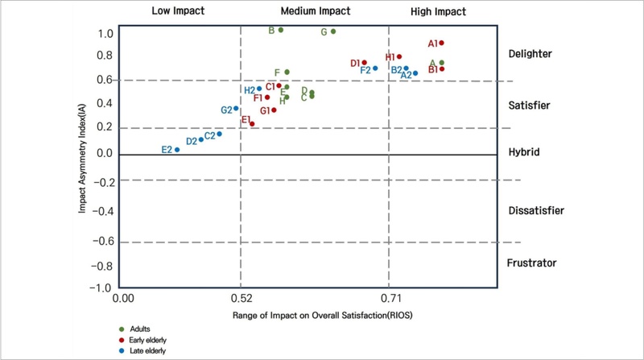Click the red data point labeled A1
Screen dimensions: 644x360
coord(441,43)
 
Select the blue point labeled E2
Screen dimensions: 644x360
coord(177,150)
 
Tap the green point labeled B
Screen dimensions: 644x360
coord(281,30)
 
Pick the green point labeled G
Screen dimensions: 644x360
coord(333,31)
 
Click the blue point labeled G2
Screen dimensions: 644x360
coord(236,109)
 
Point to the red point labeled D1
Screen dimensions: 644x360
coord(365,63)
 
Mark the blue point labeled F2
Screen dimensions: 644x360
coord(375,68)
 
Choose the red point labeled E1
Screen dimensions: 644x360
coord(252,124)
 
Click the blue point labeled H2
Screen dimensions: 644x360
coord(259,89)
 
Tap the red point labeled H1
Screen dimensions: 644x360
coord(399,56)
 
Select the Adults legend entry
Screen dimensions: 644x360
coord(134,329)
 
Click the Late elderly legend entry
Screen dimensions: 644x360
coord(142,351)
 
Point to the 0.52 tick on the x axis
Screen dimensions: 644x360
coord(242,298)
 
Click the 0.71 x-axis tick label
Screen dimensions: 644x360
coord(390,298)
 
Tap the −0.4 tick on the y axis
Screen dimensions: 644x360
coord(103,211)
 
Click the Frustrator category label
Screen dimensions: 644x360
coord(531,263)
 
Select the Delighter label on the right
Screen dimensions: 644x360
coord(530,54)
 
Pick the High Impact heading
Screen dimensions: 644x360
coord(438,11)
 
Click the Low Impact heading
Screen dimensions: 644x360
coord(178,10)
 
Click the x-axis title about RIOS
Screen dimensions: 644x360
coord(323,315)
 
